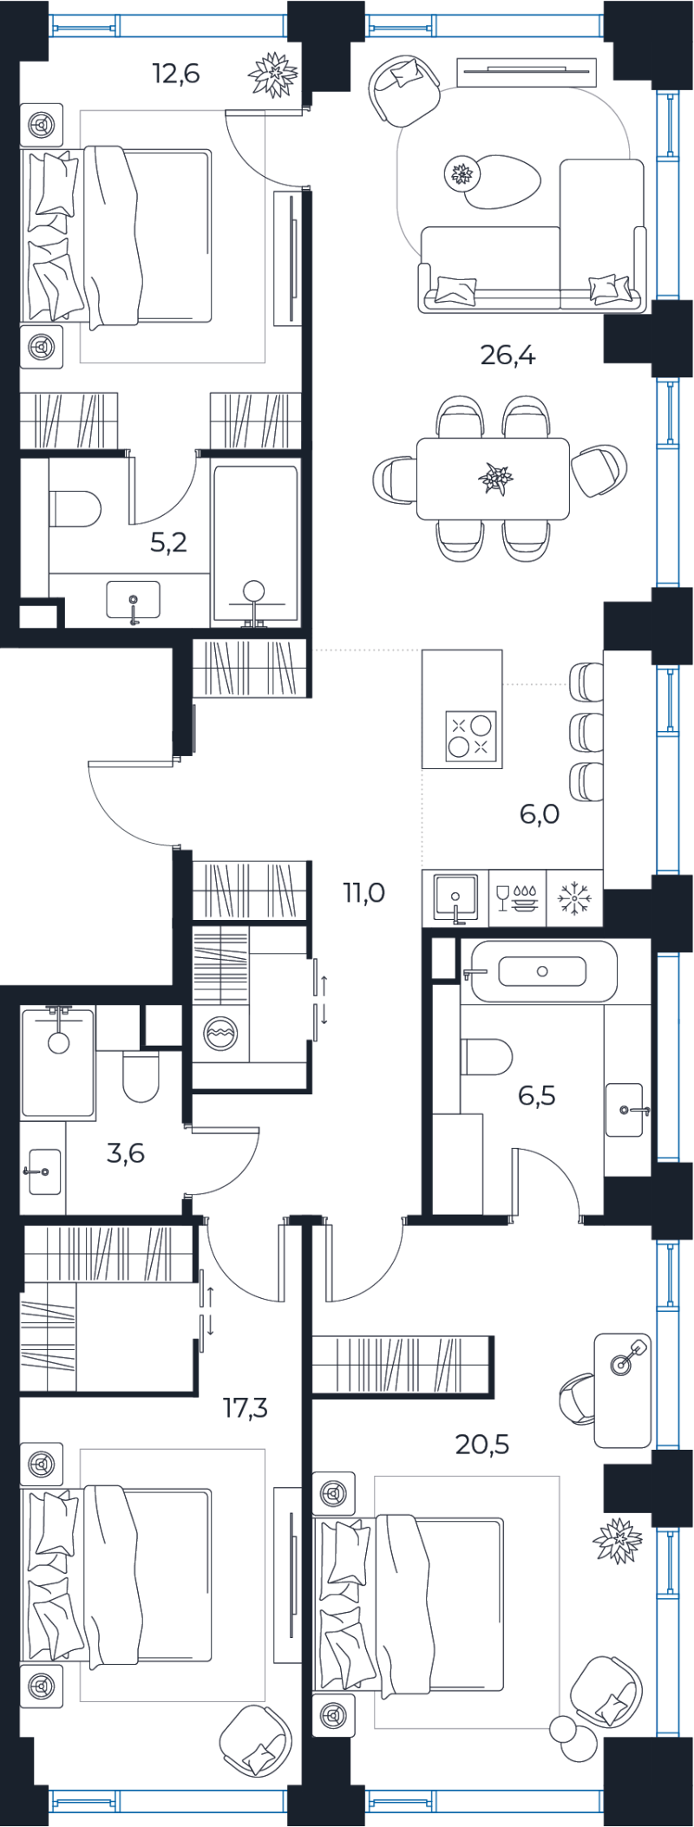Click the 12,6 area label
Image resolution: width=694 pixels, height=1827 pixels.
click(x=176, y=74)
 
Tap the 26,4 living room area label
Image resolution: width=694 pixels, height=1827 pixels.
click(x=507, y=355)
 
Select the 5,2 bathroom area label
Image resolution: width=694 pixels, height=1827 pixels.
click(x=168, y=543)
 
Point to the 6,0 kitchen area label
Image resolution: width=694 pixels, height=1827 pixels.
click(x=540, y=814)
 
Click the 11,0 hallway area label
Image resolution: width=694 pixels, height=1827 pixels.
click(x=363, y=892)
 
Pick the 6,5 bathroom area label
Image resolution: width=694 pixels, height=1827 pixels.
click(x=537, y=1096)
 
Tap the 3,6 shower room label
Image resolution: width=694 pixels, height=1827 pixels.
click(x=126, y=1153)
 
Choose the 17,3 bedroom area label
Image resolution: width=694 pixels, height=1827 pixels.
click(x=246, y=1407)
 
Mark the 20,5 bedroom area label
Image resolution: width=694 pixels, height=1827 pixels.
click(x=482, y=1445)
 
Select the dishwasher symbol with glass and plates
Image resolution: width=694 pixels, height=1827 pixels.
click(x=517, y=897)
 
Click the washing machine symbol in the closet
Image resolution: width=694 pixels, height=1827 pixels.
click(x=219, y=1034)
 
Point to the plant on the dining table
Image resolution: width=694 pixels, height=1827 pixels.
click(x=495, y=478)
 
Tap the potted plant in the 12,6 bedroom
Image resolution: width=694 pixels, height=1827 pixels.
click(x=274, y=74)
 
